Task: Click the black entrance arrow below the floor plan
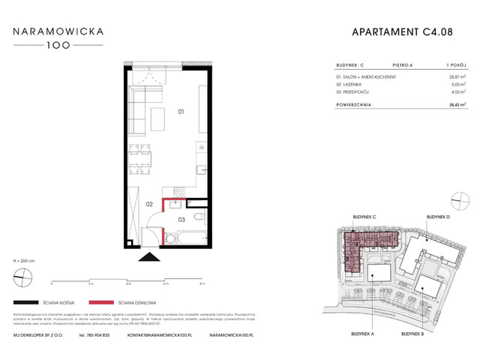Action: [x=148, y=256]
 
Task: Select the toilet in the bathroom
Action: [x=196, y=217]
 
